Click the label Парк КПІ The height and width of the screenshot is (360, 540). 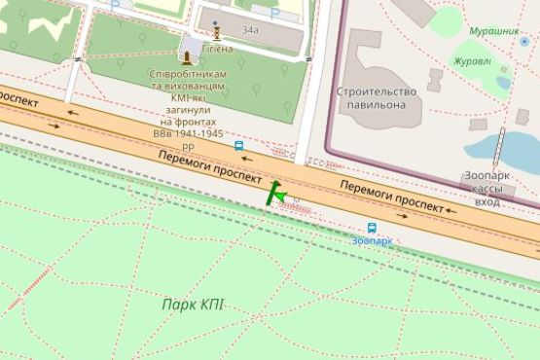tap(192, 305)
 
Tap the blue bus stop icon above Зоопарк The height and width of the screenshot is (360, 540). tap(372, 227)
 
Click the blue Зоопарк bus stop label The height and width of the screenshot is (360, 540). tap(372, 239)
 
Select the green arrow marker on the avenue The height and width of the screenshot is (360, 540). tap(277, 194)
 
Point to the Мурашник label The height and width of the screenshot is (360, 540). tap(493, 31)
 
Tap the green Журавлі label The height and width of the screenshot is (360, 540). tap(473, 61)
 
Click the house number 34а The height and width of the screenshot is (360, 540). tap(250, 30)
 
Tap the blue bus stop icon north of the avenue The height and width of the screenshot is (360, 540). tap(238, 145)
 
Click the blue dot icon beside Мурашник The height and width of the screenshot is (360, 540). tap(524, 42)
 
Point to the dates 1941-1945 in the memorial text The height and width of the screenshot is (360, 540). tap(188, 134)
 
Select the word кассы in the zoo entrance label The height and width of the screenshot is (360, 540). tap(487, 187)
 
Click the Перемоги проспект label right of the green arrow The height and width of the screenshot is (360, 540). tap(384, 195)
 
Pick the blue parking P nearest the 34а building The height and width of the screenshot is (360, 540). tap(274, 13)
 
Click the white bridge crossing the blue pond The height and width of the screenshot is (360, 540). tap(498, 148)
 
